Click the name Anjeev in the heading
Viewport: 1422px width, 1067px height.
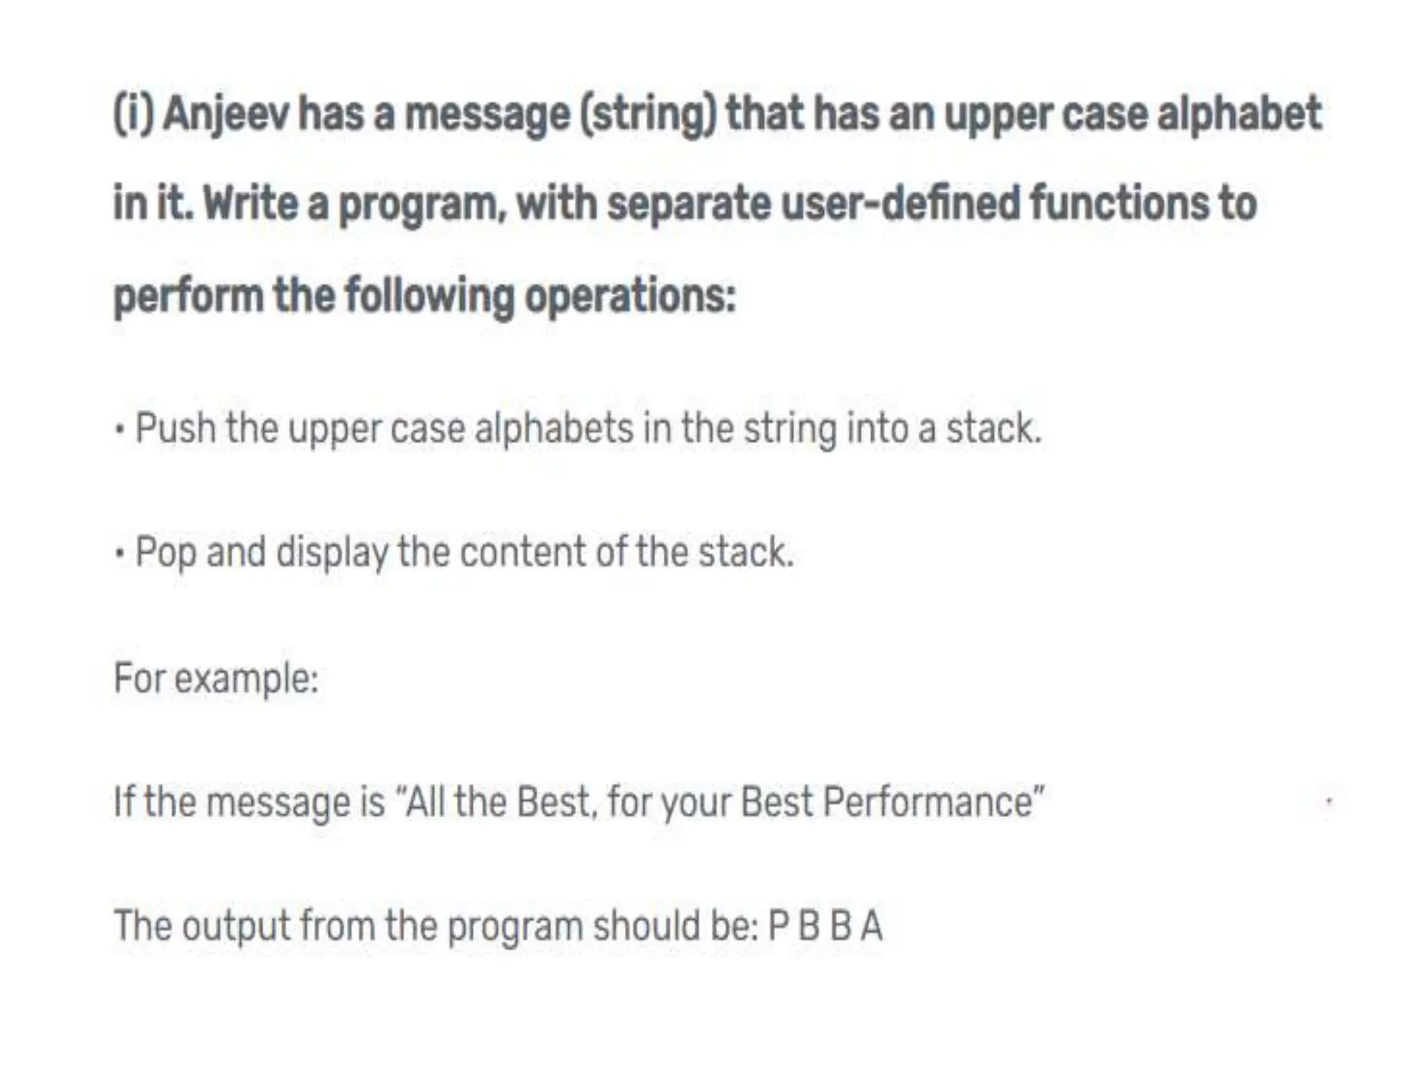click(x=225, y=115)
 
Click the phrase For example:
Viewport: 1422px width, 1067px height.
click(x=216, y=678)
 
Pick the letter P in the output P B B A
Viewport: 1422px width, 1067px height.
click(x=778, y=926)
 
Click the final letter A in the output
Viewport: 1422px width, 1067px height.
click(x=871, y=926)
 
